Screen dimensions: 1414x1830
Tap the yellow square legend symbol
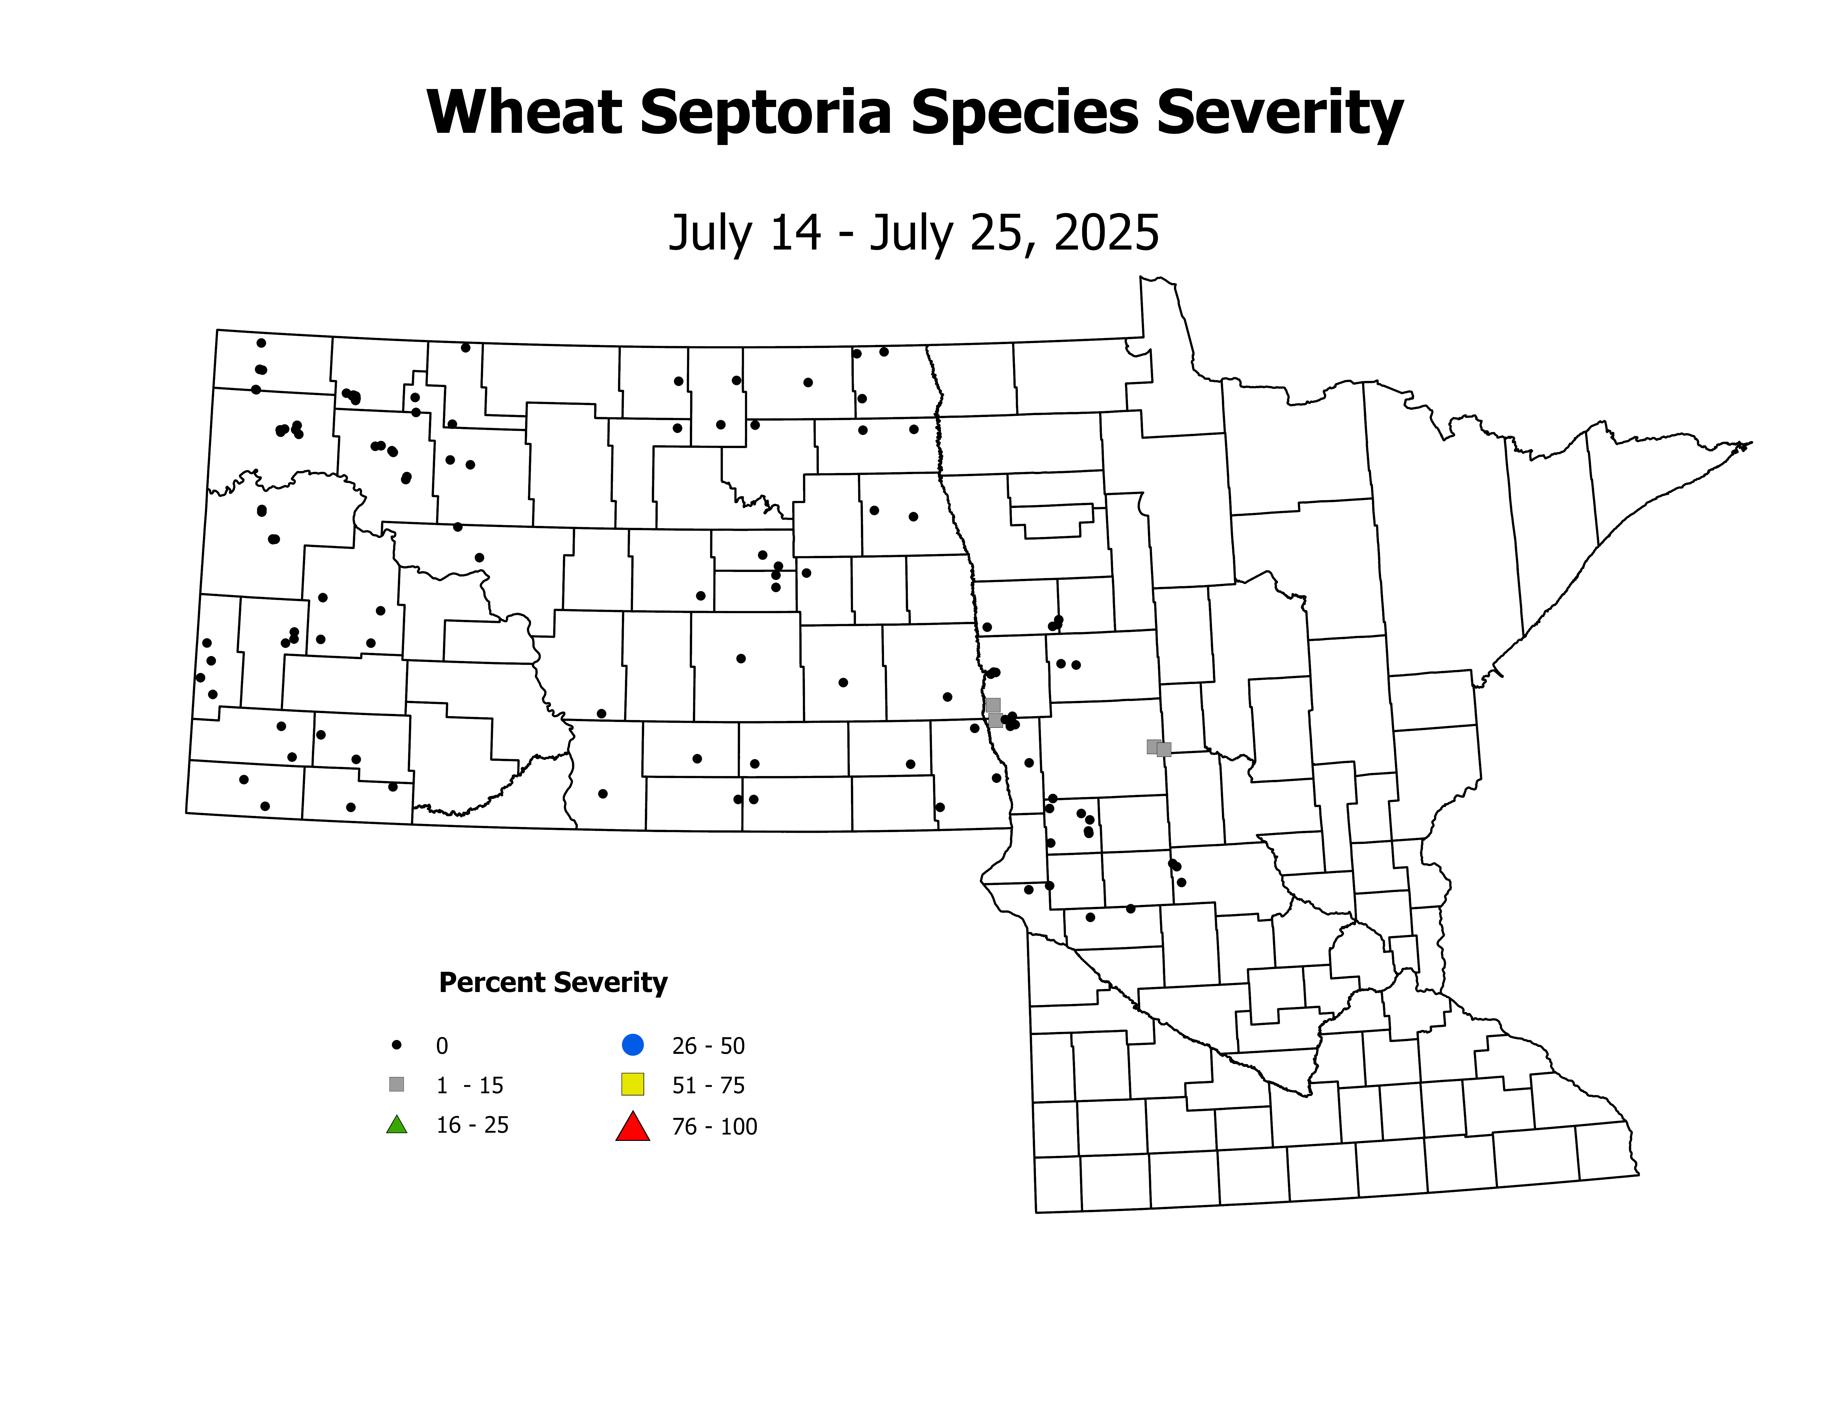pyautogui.click(x=633, y=1084)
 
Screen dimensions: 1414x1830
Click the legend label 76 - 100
pyautogui.click(x=714, y=1127)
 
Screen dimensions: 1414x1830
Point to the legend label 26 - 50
pyautogui.click(x=708, y=1046)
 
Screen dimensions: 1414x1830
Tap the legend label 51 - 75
pyautogui.click(x=708, y=1086)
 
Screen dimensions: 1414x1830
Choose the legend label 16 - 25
pyautogui.click(x=472, y=1125)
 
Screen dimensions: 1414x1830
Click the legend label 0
pyautogui.click(x=442, y=1046)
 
